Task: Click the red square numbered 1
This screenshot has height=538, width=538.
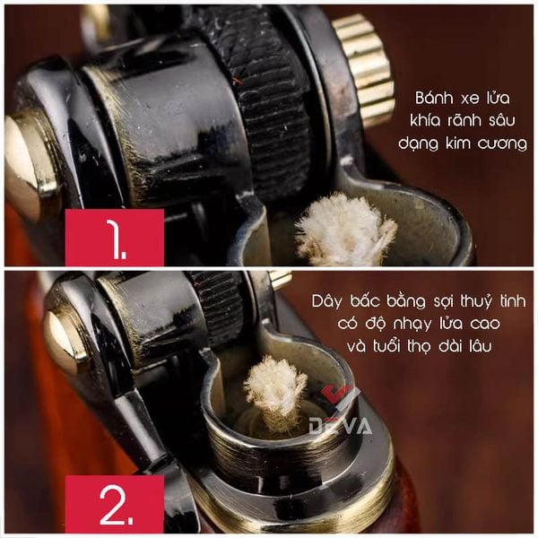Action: tap(115, 238)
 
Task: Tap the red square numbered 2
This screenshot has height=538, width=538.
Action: tap(115, 504)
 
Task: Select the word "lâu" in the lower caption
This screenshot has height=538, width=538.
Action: tap(480, 346)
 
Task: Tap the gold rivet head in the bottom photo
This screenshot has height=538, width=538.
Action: tap(64, 341)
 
